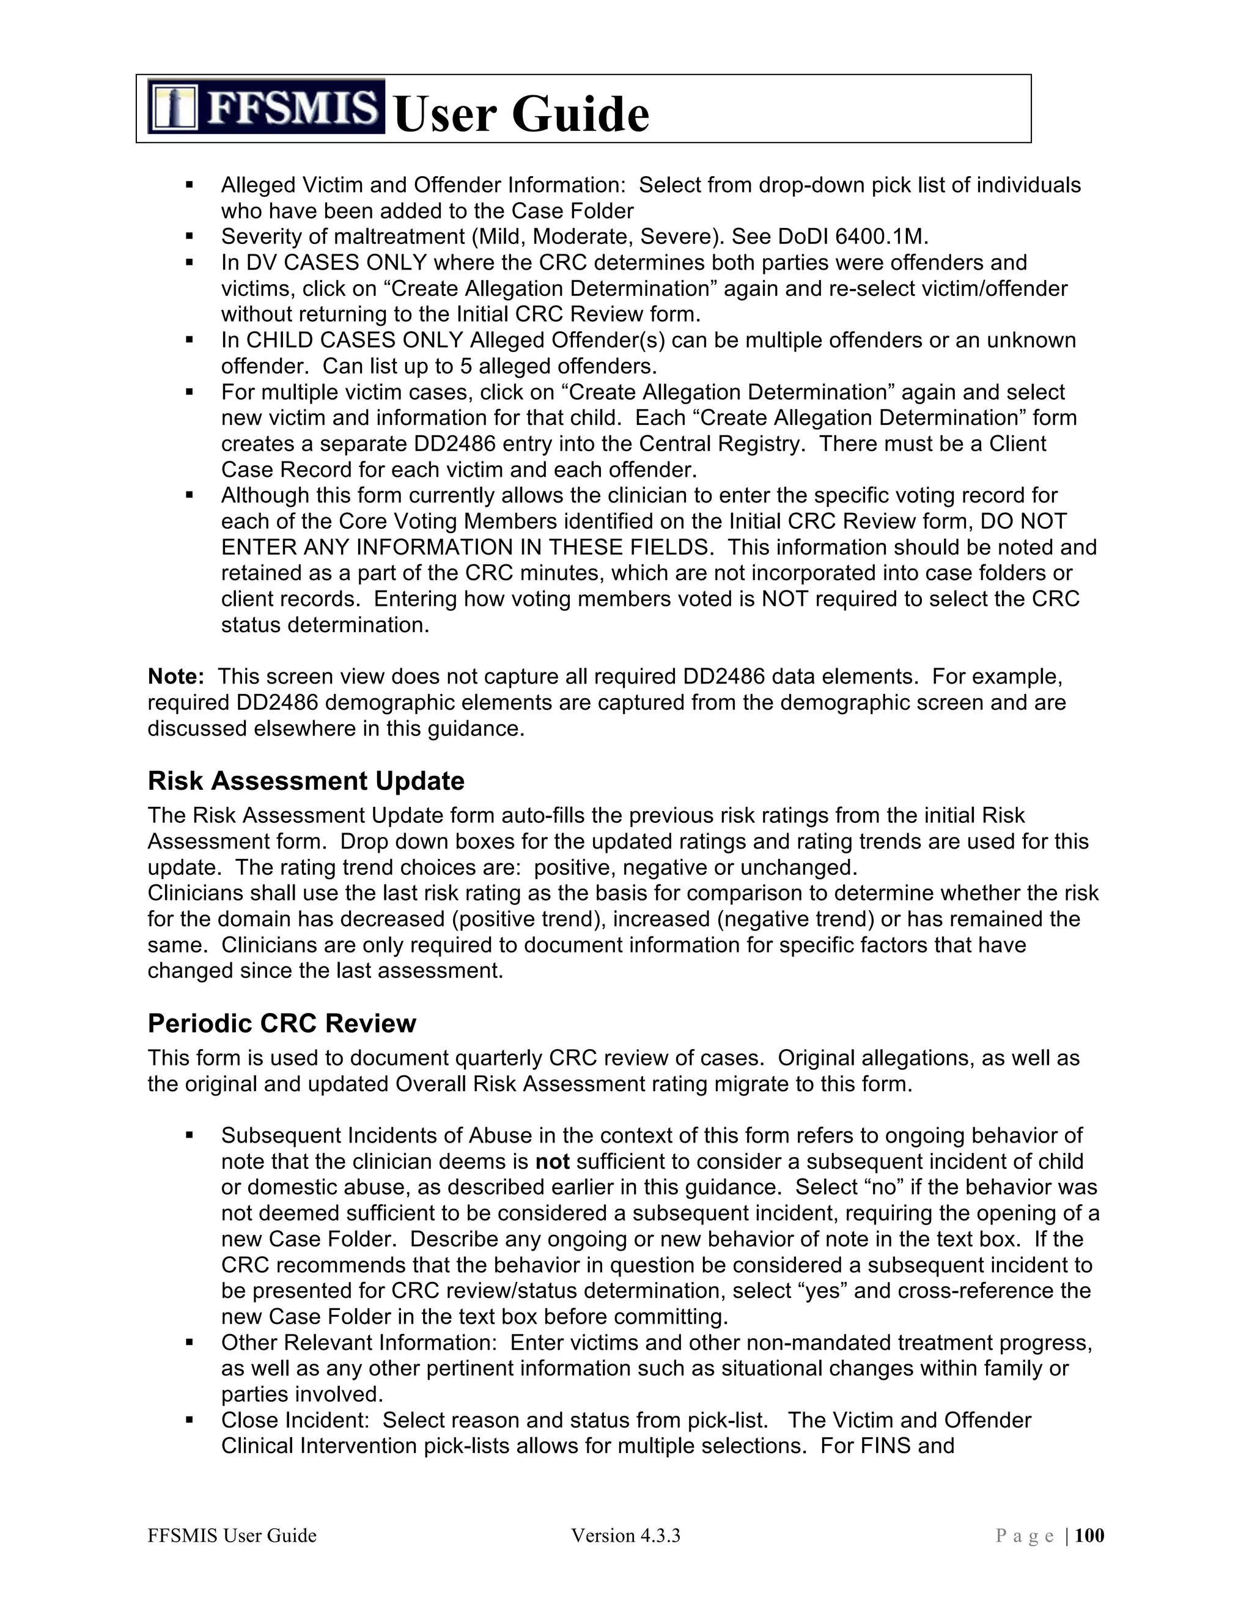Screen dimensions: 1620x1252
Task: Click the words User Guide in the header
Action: tap(521, 115)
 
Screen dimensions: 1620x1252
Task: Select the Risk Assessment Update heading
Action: tap(306, 781)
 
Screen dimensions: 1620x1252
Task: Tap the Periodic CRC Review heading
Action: tap(282, 1023)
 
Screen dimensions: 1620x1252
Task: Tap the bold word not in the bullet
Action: tap(552, 1162)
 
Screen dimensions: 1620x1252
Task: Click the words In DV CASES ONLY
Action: tap(323, 263)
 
